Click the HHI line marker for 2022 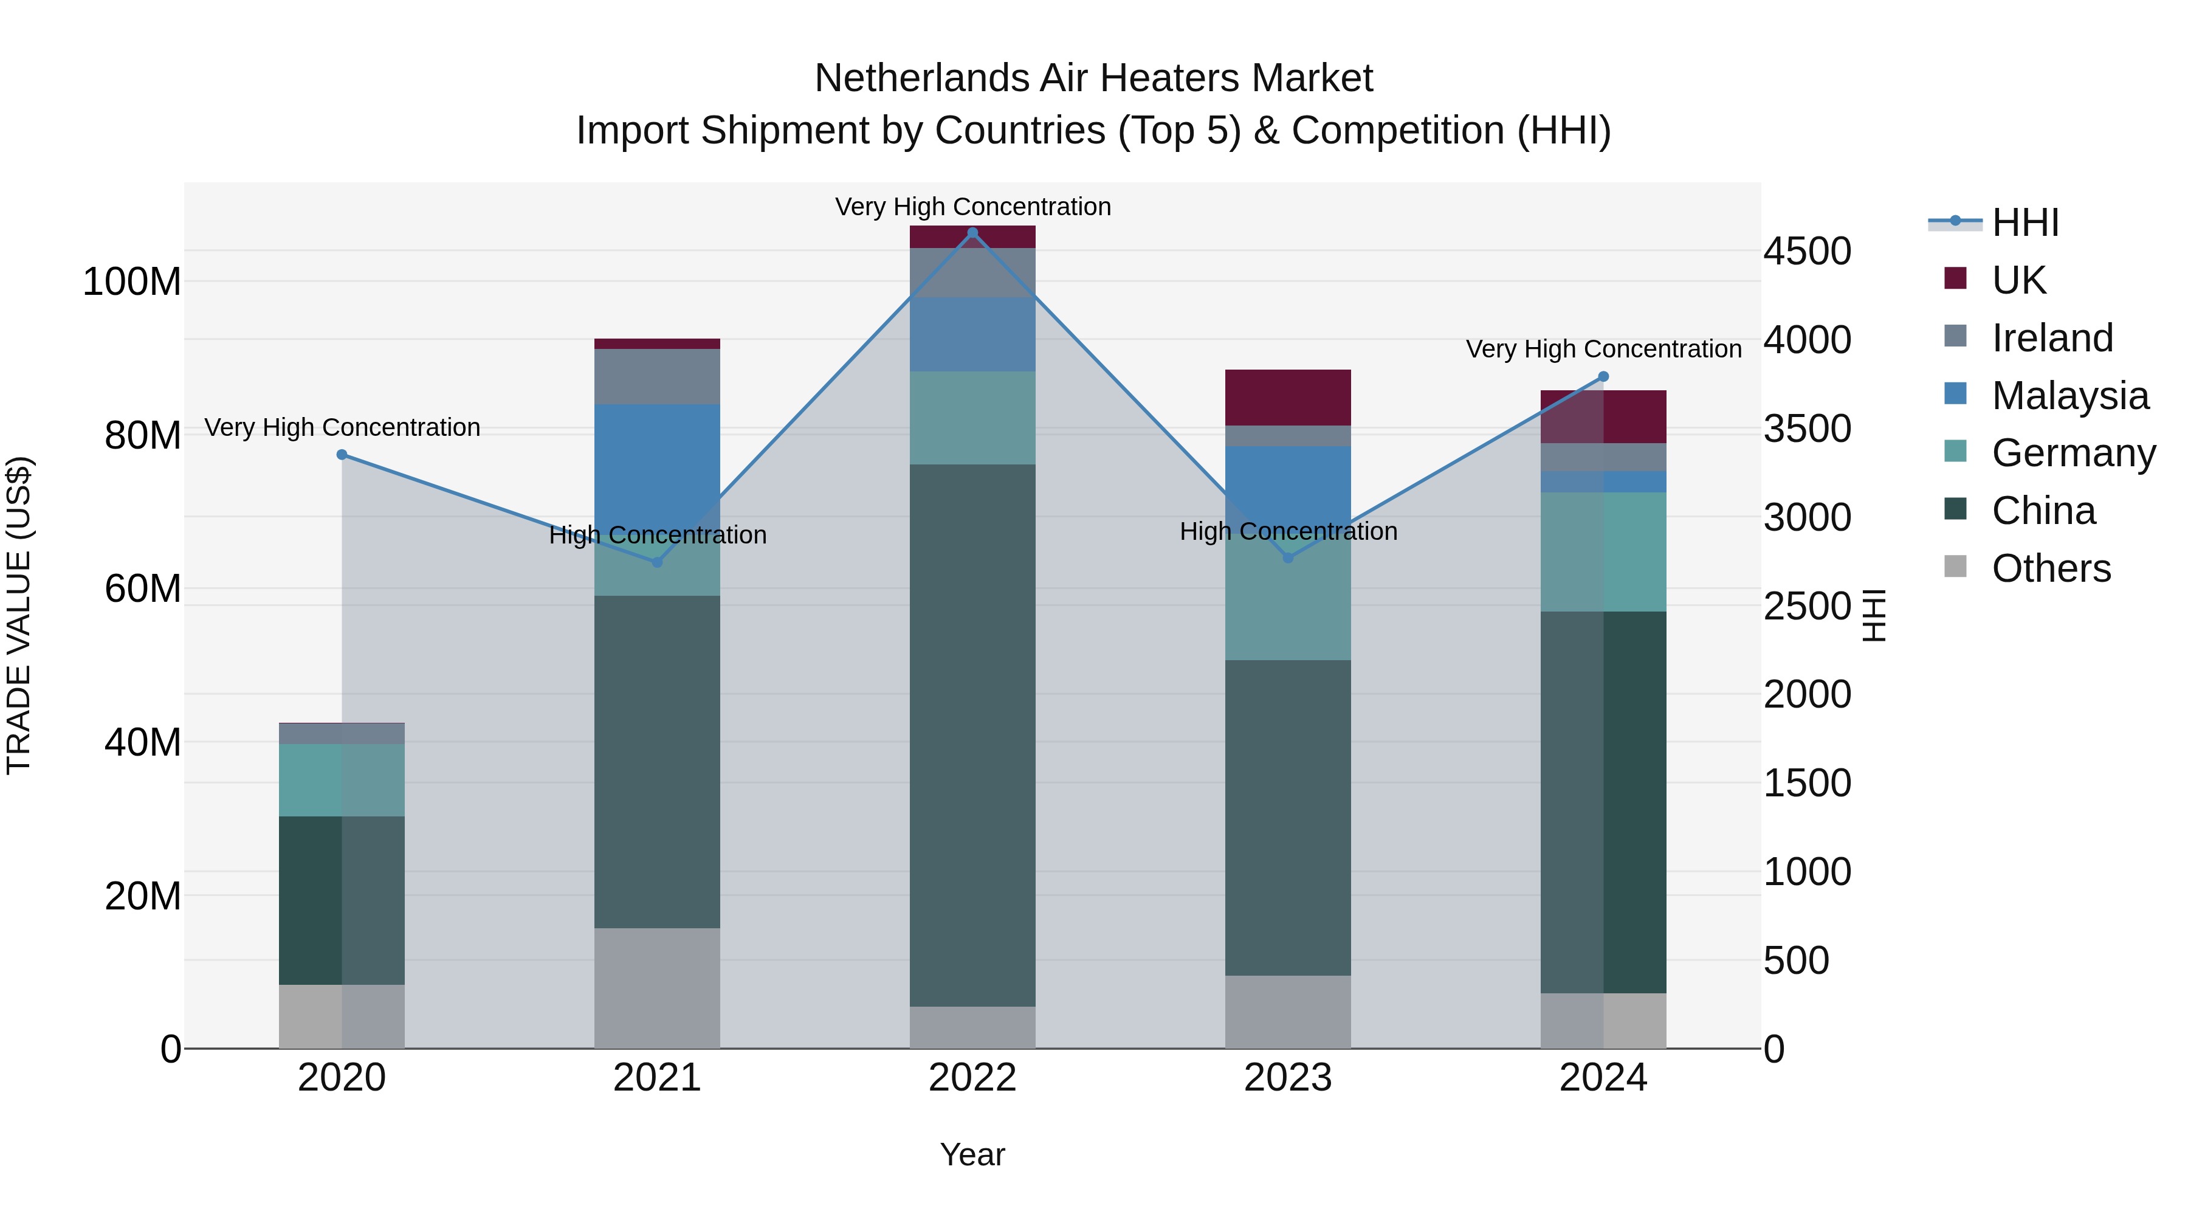click(972, 233)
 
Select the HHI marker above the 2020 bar click(342, 455)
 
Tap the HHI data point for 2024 click(1603, 376)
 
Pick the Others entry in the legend click(2051, 568)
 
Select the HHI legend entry click(2025, 222)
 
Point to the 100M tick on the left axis click(132, 281)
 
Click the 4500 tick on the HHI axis click(1807, 252)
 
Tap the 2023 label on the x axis click(1288, 1077)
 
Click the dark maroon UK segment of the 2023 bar click(1288, 398)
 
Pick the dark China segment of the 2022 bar click(972, 735)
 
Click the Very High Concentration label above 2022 click(972, 207)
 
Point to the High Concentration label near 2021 click(658, 535)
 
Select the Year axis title click(972, 1154)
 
